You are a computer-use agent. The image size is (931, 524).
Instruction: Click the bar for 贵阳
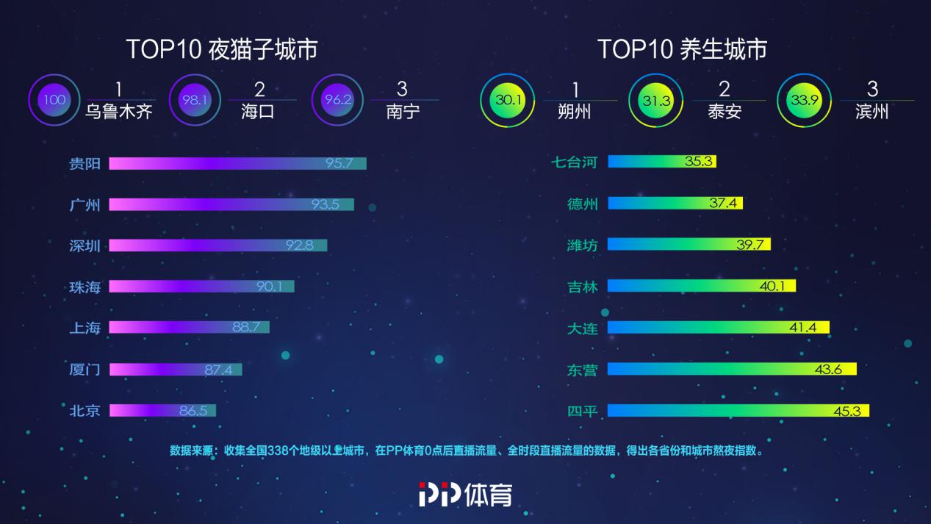[x=237, y=163]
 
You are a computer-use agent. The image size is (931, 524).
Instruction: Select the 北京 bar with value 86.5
[x=162, y=410]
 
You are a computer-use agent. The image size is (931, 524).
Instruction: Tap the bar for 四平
[x=738, y=410]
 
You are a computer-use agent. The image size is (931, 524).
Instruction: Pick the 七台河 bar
[x=661, y=162]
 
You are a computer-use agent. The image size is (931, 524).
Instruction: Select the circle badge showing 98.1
[x=195, y=100]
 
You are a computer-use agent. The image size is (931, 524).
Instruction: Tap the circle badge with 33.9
[x=804, y=100]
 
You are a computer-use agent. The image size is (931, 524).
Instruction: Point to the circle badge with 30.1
[x=507, y=100]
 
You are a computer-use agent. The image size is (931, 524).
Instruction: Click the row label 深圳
[x=85, y=245]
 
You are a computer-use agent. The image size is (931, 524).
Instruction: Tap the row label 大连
[x=583, y=328]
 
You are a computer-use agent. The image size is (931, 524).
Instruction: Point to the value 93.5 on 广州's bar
[x=325, y=204]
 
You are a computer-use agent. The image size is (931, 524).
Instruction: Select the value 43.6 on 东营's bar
[x=828, y=369]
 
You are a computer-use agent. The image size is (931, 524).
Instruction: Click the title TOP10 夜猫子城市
[x=222, y=49]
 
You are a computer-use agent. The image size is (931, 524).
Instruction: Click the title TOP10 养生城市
[x=682, y=49]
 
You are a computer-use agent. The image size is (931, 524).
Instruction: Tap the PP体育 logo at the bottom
[x=465, y=494]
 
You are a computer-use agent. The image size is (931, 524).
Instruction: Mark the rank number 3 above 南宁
[x=402, y=89]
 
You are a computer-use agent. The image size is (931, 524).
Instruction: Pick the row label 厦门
[x=85, y=370]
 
